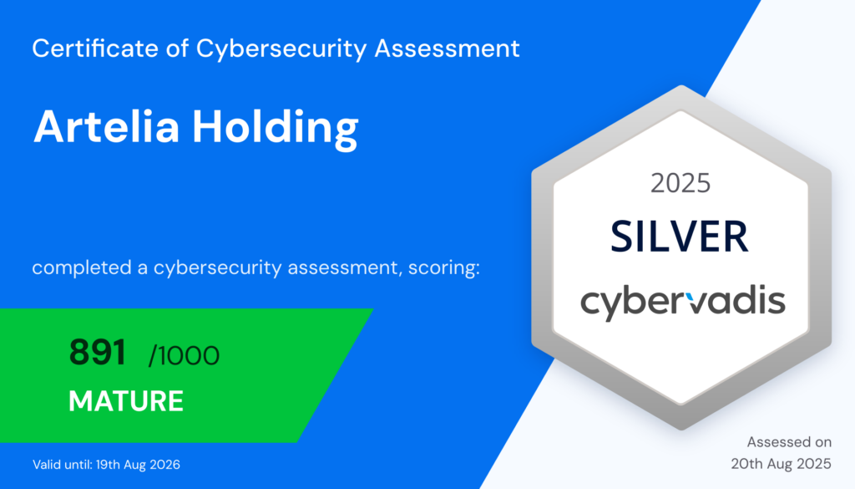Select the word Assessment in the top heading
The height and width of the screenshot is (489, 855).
[448, 48]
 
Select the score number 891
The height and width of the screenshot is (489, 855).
[97, 354]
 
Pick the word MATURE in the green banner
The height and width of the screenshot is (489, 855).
[126, 401]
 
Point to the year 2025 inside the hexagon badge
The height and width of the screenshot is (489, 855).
[680, 182]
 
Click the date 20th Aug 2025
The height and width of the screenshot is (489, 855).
[781, 463]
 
